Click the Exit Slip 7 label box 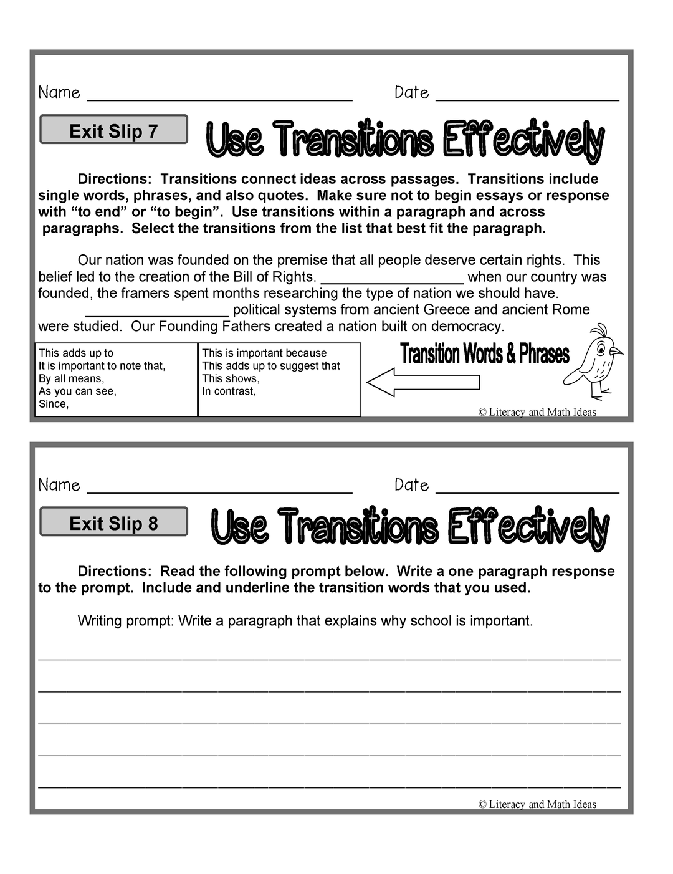[x=113, y=130]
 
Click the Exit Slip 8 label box [x=113, y=522]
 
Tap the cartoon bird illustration [x=596, y=362]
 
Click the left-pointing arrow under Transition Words [x=423, y=382]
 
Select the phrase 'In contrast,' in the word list [x=229, y=391]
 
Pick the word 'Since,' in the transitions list [x=54, y=404]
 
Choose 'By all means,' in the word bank [x=71, y=378]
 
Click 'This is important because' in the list [x=264, y=353]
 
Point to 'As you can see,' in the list [x=77, y=391]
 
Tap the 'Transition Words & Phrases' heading [x=485, y=354]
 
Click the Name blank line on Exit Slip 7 [x=219, y=98]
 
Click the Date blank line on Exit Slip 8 [x=527, y=491]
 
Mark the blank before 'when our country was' [x=392, y=282]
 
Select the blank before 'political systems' [x=157, y=315]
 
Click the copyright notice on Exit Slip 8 [x=537, y=804]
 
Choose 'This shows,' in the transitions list [x=231, y=378]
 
